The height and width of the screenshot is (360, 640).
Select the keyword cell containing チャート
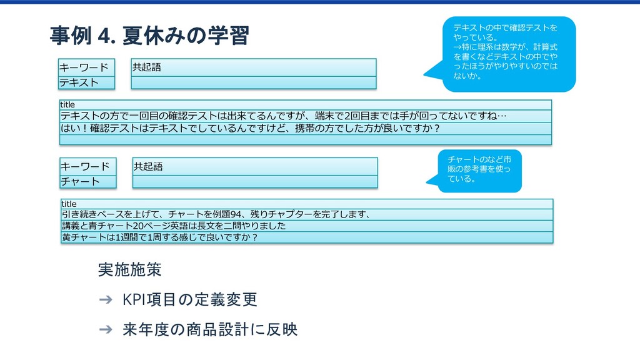click(x=88, y=182)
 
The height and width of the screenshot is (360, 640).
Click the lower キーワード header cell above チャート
click(x=88, y=166)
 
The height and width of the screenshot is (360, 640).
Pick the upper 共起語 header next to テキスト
click(x=253, y=67)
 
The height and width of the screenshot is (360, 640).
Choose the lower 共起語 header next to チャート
click(x=254, y=166)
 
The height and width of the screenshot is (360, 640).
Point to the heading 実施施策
click(x=130, y=270)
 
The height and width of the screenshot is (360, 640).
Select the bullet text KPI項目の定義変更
click(x=190, y=300)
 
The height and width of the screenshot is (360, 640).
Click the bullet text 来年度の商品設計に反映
click(x=210, y=329)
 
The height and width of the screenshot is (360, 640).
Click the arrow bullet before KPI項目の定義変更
click(x=106, y=301)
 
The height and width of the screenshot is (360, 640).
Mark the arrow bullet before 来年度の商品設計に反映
click(x=106, y=329)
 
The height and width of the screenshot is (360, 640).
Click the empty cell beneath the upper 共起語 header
click(x=253, y=82)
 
